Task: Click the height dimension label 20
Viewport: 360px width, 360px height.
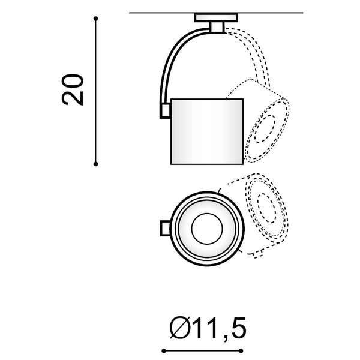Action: [x=72, y=90]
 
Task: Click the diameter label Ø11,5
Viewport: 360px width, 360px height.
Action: [x=208, y=328]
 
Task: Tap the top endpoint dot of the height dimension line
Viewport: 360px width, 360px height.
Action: [x=96, y=19]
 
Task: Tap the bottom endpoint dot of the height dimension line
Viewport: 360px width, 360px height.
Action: [x=96, y=164]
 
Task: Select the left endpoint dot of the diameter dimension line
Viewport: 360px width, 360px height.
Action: [x=164, y=351]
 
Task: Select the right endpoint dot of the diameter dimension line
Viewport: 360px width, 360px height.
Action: [x=241, y=351]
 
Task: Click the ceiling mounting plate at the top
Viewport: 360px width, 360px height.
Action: [x=216, y=17]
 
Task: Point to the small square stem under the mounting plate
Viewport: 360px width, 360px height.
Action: [x=217, y=28]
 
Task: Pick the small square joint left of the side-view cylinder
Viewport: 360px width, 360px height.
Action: [x=166, y=110]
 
